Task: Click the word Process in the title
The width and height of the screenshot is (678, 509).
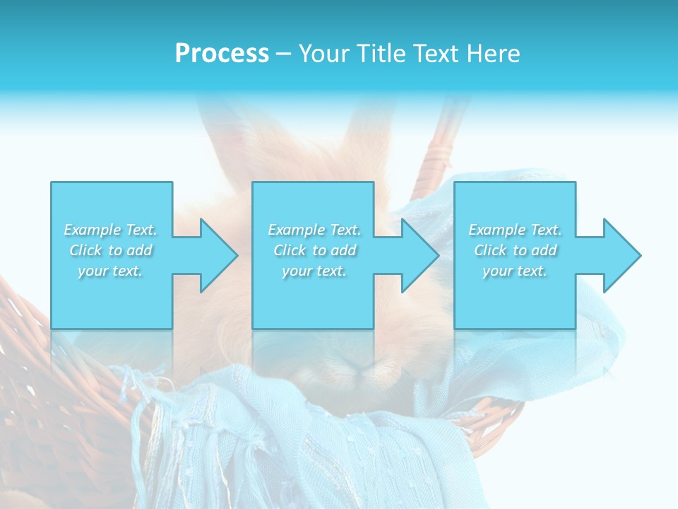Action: [222, 54]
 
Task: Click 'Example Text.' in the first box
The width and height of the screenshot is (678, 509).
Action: [111, 230]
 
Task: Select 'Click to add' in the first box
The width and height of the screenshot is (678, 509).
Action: [111, 250]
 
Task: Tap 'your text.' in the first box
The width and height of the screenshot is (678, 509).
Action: [111, 271]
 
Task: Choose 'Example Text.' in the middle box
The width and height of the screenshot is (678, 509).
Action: [314, 230]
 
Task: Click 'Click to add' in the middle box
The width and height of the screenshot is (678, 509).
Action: [314, 250]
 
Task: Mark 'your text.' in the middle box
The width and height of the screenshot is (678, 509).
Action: [314, 271]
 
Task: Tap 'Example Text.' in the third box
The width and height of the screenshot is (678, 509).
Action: [515, 230]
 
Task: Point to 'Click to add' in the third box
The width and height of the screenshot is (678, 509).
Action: [515, 250]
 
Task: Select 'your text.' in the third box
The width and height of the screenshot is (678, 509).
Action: [515, 271]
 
